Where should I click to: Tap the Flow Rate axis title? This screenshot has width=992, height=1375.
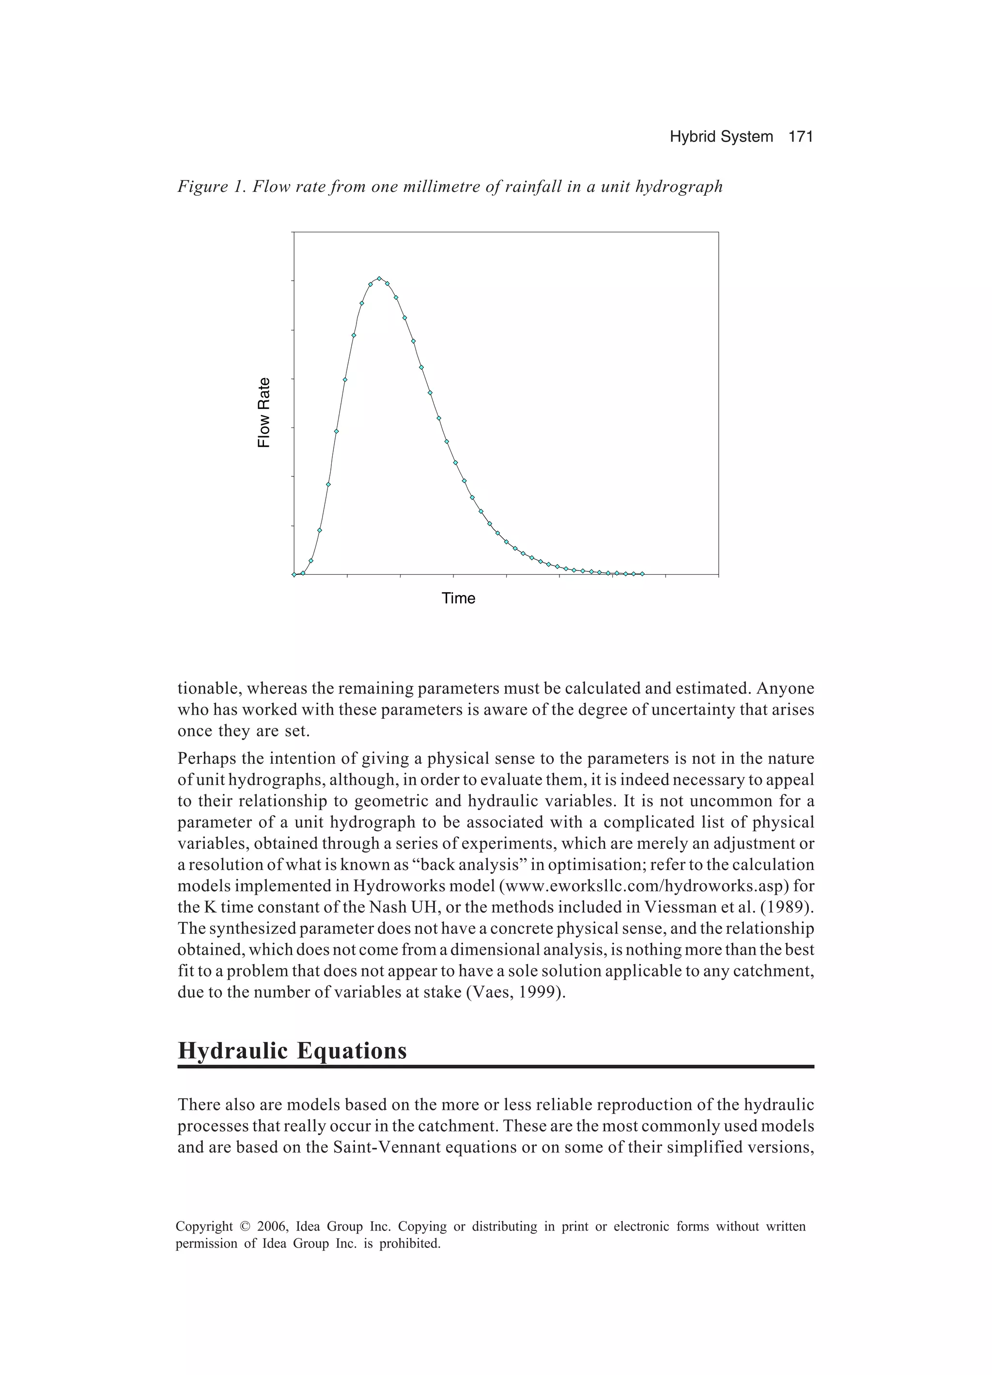coord(263,412)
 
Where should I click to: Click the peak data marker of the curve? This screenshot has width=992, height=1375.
coord(379,278)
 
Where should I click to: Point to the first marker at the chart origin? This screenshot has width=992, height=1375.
coord(294,574)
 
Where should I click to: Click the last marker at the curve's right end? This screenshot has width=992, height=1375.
coord(642,573)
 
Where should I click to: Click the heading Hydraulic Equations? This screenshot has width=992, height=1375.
coord(292,1050)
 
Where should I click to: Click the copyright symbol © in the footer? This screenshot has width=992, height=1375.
coord(245,1227)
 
